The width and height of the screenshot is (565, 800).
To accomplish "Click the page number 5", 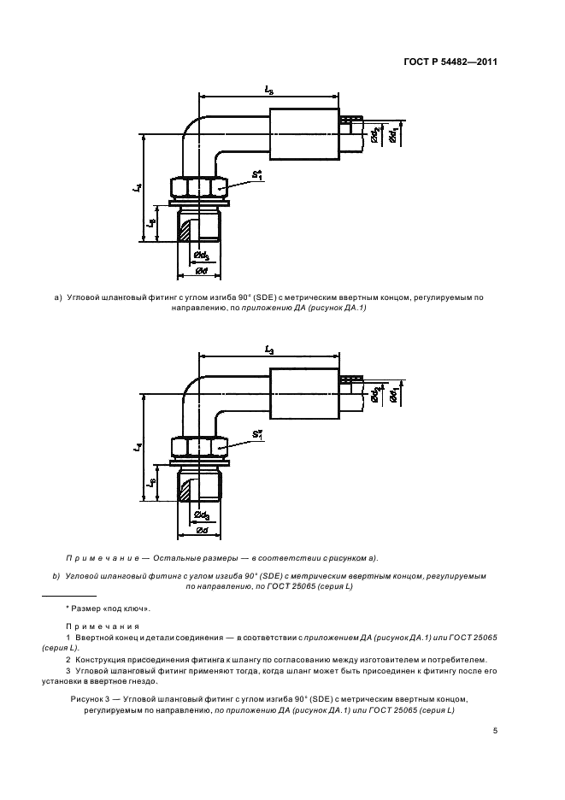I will click(x=495, y=731).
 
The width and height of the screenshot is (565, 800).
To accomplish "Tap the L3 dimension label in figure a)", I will click(x=269, y=89).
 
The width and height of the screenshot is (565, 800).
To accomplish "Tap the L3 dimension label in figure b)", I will click(x=269, y=351).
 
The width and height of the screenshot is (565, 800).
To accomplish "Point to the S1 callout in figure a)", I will click(x=256, y=174).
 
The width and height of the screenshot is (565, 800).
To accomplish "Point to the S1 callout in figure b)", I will click(x=256, y=436).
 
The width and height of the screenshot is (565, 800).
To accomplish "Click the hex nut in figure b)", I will click(x=198, y=447).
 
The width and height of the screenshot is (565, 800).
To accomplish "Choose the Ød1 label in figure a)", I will click(x=391, y=136).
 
